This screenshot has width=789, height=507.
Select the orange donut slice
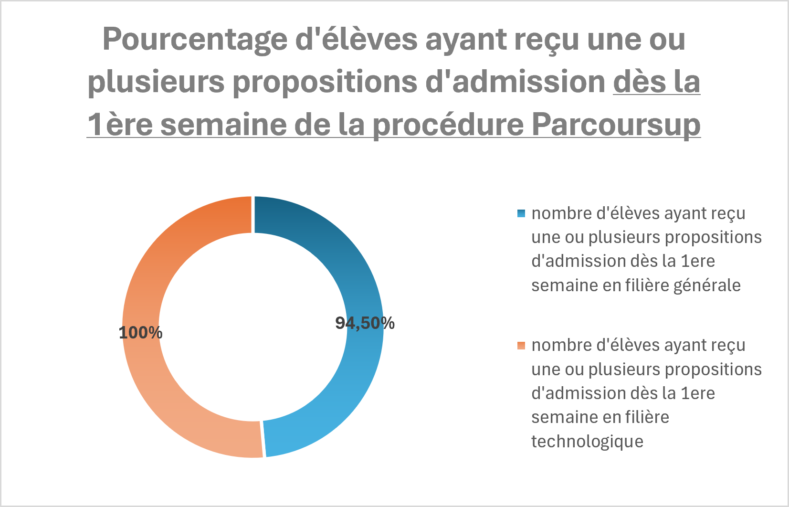point(148,282)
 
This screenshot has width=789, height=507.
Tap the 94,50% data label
point(365,323)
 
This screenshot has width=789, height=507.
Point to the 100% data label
point(140,333)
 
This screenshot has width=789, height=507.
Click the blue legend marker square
point(521,213)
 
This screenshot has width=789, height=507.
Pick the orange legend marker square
point(521,346)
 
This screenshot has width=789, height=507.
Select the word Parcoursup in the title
point(616,125)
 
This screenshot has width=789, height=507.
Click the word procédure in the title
point(449,125)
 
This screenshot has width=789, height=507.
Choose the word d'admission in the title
point(515,81)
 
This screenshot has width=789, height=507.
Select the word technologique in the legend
point(588,442)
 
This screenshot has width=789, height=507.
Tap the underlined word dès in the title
point(639,81)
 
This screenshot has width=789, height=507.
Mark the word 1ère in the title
point(120,124)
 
